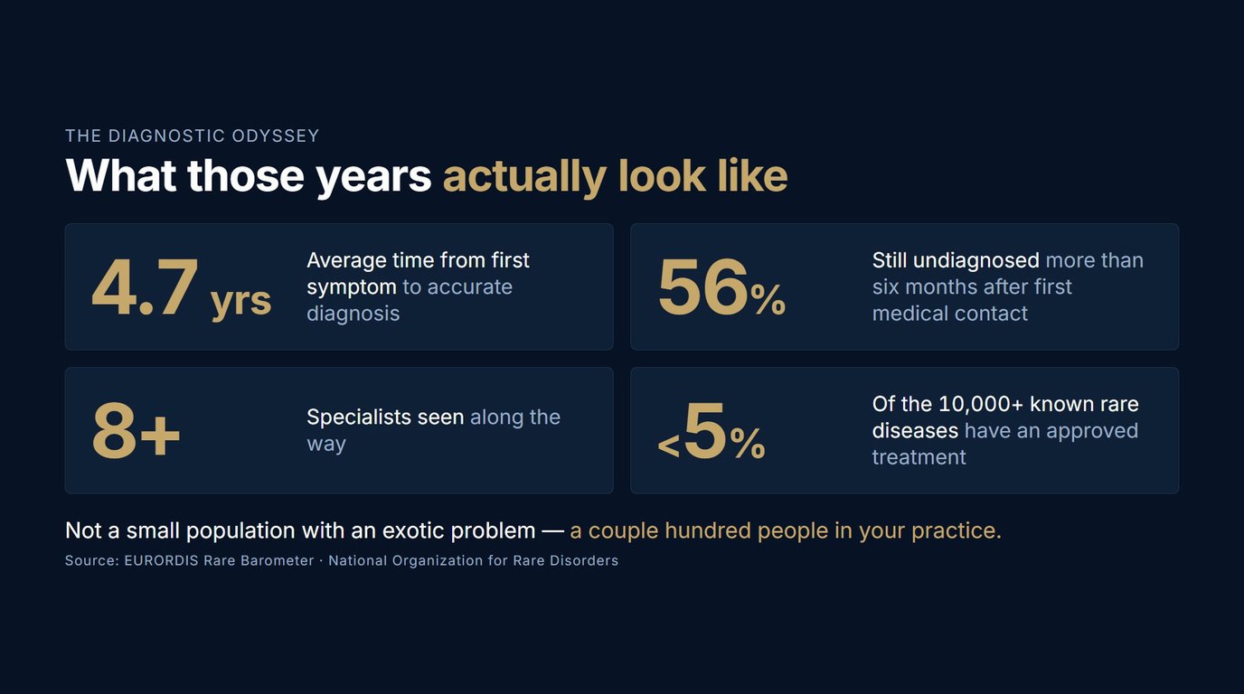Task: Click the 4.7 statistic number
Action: click(x=145, y=287)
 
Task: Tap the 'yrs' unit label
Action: click(x=241, y=302)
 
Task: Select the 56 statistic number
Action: click(x=703, y=287)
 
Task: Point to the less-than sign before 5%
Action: click(x=669, y=446)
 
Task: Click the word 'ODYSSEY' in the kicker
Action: click(x=276, y=136)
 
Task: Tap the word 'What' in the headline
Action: click(x=120, y=176)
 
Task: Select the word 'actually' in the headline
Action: click(x=524, y=177)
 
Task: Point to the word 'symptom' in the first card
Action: click(x=352, y=287)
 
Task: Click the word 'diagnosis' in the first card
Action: click(x=353, y=314)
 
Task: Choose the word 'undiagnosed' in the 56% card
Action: click(x=975, y=260)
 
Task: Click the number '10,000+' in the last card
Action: click(x=981, y=404)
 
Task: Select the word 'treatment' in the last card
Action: click(x=919, y=457)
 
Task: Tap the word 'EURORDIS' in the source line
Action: click(x=161, y=561)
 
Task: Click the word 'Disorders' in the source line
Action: click(x=584, y=561)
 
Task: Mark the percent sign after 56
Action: click(x=768, y=300)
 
